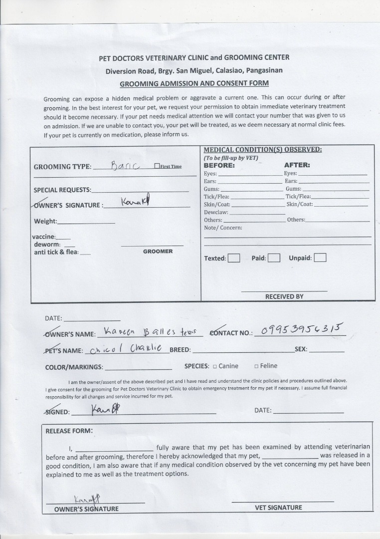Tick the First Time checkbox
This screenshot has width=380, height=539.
click(157, 166)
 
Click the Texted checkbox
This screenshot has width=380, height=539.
click(234, 258)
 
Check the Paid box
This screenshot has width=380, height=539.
click(274, 258)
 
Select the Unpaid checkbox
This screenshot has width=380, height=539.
click(320, 258)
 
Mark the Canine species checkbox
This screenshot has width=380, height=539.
click(214, 366)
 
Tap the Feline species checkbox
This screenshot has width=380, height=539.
click(256, 366)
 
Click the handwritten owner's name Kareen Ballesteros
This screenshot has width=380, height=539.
click(150, 331)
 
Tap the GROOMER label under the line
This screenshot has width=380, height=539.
click(158, 252)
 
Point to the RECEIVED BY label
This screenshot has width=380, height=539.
click(284, 296)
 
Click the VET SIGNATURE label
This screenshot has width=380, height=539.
click(278, 508)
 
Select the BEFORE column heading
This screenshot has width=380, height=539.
click(219, 165)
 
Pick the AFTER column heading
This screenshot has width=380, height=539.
click(297, 165)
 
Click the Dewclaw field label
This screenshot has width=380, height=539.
click(216, 212)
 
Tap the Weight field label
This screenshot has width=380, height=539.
click(45, 222)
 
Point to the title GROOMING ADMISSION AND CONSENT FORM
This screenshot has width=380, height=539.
click(194, 83)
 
